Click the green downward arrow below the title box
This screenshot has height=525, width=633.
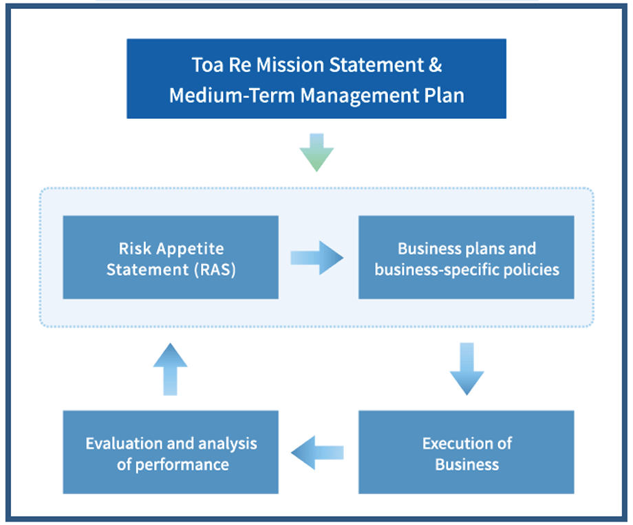[316, 153]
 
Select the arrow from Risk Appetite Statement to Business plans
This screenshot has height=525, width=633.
[317, 258]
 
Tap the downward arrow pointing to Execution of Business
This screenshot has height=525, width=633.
[466, 369]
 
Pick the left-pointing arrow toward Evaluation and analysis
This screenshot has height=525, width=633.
[317, 453]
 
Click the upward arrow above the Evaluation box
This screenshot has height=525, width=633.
[171, 369]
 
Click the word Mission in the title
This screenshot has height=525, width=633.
[290, 65]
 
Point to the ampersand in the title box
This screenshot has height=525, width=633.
[435, 65]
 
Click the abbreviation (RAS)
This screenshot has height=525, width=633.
[215, 270]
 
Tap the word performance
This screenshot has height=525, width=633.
[182, 465]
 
